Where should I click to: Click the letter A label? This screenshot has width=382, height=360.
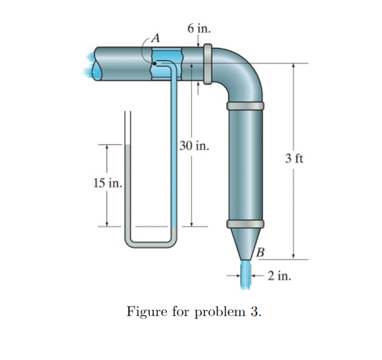point(156,38)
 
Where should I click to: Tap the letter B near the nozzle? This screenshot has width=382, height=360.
point(260,252)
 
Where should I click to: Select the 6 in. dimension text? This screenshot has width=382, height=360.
point(199,28)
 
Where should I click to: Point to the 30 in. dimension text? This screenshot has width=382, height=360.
point(194,146)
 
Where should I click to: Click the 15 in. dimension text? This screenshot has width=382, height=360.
point(107,183)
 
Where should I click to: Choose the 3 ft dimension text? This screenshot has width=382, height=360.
point(294,159)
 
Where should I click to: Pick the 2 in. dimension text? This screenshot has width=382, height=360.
point(279,276)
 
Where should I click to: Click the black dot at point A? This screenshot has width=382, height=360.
point(154,64)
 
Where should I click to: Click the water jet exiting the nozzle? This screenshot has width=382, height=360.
point(246,275)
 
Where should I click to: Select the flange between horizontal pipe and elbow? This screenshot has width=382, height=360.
point(208,64)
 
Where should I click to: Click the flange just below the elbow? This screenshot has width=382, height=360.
point(245,106)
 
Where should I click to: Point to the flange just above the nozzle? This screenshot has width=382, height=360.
point(245,224)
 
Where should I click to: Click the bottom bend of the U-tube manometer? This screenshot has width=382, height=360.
point(151,245)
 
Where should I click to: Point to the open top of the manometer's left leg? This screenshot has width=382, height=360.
point(128,112)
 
